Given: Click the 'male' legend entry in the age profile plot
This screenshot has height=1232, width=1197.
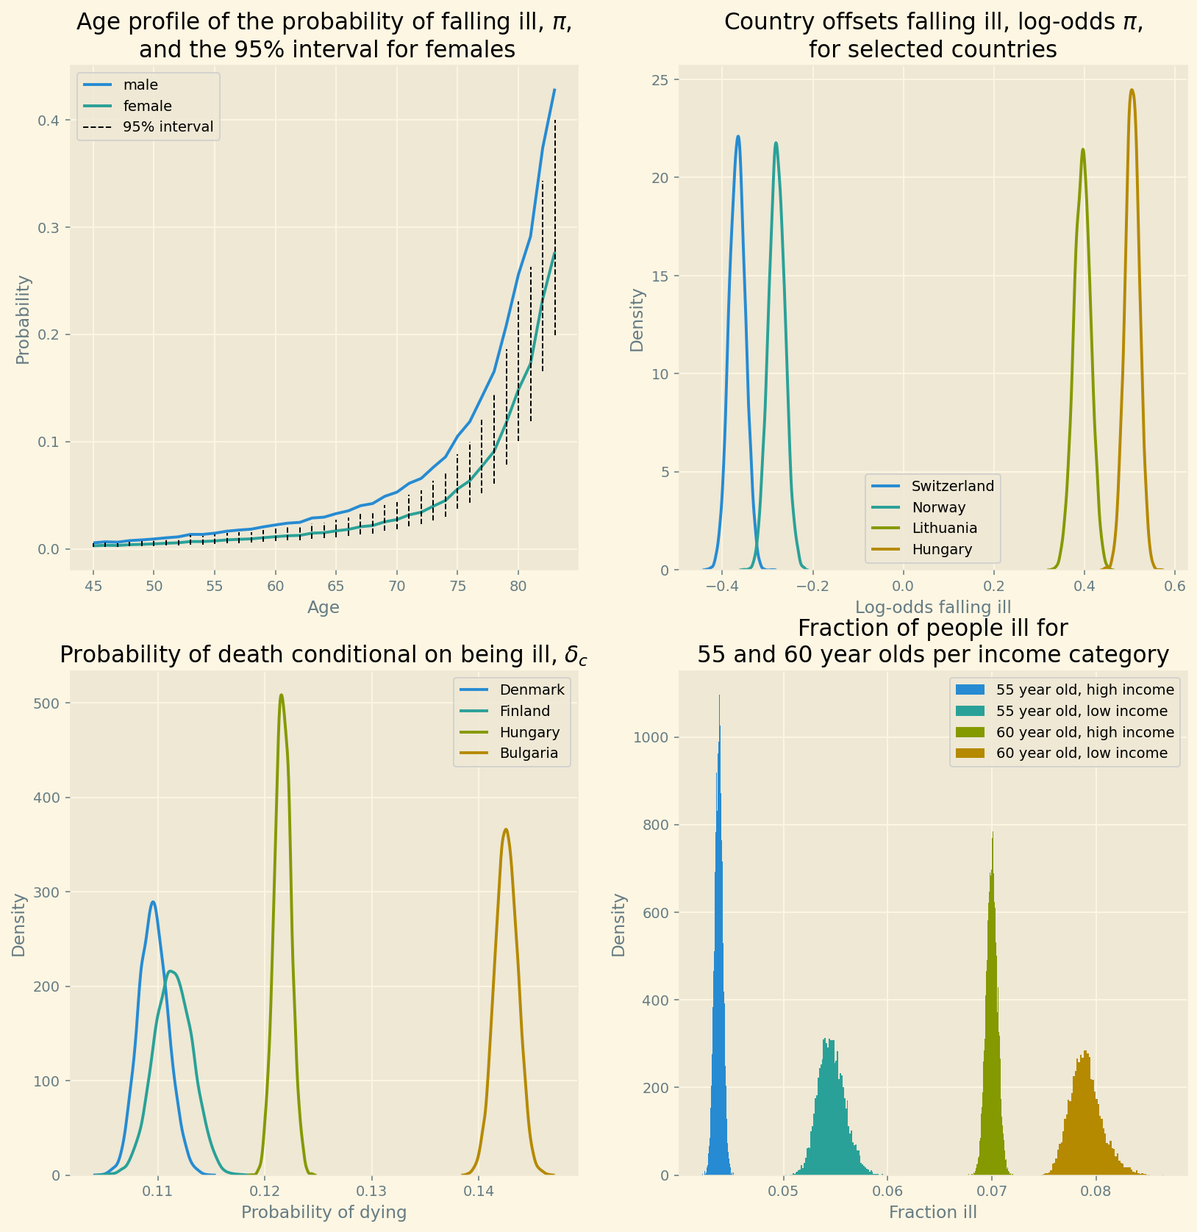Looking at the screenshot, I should [140, 85].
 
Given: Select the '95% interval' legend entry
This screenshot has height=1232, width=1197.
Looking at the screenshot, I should [168, 127].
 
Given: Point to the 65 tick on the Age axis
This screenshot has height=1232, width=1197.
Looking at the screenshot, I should [336, 586].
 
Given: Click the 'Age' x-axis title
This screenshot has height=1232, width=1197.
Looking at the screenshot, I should [324, 607].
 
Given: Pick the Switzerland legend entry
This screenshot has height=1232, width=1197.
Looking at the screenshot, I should [952, 486].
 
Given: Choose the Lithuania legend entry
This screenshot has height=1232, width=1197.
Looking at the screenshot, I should [944, 528].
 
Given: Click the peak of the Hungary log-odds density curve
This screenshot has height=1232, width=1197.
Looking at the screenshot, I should [1132, 90].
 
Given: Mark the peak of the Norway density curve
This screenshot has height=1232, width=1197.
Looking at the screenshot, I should [776, 143].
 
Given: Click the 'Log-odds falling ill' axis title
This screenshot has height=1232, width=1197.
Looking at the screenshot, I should [933, 607].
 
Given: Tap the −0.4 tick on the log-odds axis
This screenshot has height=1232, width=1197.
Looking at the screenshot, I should [721, 586].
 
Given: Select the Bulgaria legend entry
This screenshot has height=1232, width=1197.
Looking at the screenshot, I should [529, 753].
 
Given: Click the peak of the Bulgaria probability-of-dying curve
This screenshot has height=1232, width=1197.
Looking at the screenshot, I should [505, 830].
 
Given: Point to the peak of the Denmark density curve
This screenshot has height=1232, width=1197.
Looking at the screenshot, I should [153, 902].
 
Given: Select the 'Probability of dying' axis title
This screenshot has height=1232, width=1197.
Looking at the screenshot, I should [324, 1213].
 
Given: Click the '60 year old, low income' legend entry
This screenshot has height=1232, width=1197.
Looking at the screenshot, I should [1081, 753].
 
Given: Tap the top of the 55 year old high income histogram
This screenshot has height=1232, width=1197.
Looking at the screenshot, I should [719, 696].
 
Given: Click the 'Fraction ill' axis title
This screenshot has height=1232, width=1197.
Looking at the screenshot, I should [933, 1213].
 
